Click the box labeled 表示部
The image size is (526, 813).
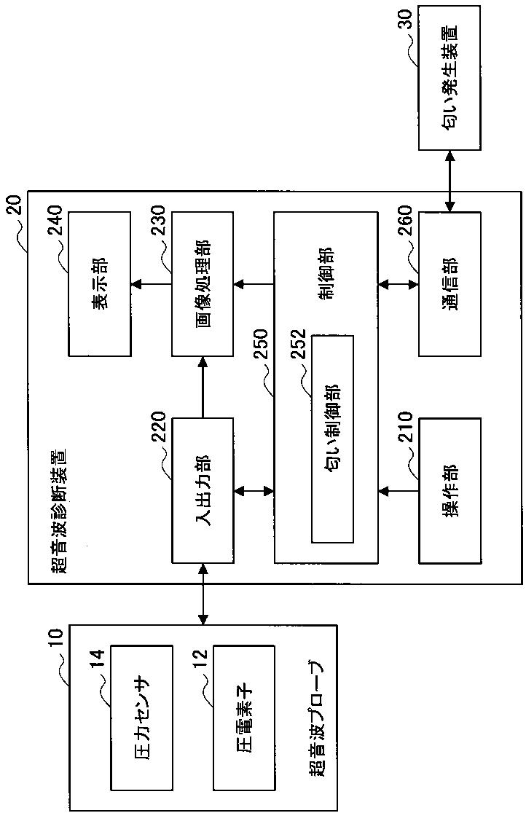(99, 283)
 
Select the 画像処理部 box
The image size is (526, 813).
(203, 283)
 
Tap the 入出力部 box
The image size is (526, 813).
(203, 490)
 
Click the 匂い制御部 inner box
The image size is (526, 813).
(332, 439)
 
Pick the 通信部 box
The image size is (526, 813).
(450, 283)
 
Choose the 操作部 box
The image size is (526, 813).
(450, 490)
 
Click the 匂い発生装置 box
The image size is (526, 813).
(450, 78)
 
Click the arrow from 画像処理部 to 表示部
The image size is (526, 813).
(151, 283)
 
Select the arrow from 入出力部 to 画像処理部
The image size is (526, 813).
(203, 388)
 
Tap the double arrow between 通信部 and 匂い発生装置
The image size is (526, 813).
(450, 181)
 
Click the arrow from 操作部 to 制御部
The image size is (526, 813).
(398, 490)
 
